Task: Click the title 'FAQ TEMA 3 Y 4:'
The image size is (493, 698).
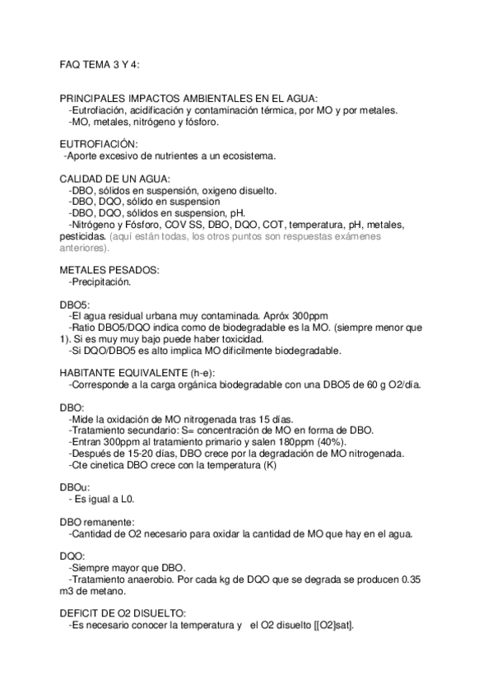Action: pos(97,63)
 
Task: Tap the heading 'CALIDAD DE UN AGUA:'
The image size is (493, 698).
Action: pos(115,179)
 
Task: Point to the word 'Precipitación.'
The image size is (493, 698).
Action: pos(100,281)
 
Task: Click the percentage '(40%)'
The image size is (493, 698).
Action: pos(328,442)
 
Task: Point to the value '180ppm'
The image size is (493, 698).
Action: pos(293,442)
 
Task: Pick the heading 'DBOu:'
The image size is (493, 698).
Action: pos(75,486)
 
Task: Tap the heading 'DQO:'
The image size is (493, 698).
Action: pos(73,556)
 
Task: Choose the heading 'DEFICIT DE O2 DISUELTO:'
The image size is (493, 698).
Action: pos(123,614)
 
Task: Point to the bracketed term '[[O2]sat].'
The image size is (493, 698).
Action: pos(328,626)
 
